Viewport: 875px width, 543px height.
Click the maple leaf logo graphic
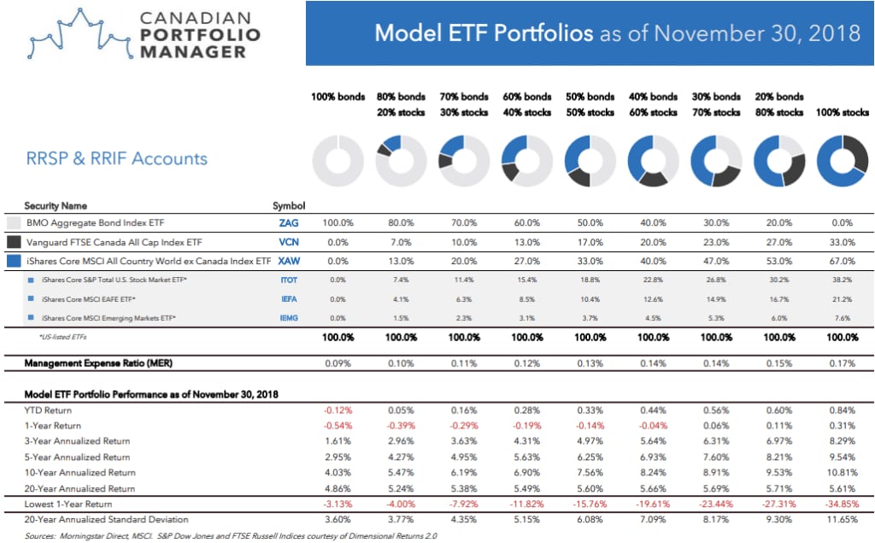click(81, 35)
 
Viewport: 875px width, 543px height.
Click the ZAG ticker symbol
click(289, 223)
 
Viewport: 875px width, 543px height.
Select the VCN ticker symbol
click(289, 242)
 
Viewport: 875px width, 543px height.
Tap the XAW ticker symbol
click(289, 261)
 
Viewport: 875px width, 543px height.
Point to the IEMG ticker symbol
click(289, 318)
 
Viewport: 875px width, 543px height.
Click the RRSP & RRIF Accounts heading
click(116, 159)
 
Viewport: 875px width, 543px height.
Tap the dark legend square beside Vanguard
click(14, 242)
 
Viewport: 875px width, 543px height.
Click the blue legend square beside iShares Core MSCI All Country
click(14, 261)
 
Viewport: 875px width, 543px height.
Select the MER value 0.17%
click(842, 363)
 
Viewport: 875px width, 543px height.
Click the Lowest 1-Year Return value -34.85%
click(842, 504)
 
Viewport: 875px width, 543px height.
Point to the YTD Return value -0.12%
click(338, 410)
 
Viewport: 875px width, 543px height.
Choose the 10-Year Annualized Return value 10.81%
click(842, 473)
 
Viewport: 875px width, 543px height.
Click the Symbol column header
click(289, 205)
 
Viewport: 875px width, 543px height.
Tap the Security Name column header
click(56, 205)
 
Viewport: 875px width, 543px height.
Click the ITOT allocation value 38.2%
click(842, 280)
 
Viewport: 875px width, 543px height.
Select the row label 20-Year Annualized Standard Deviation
click(106, 520)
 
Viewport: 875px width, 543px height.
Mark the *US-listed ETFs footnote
click(62, 337)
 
